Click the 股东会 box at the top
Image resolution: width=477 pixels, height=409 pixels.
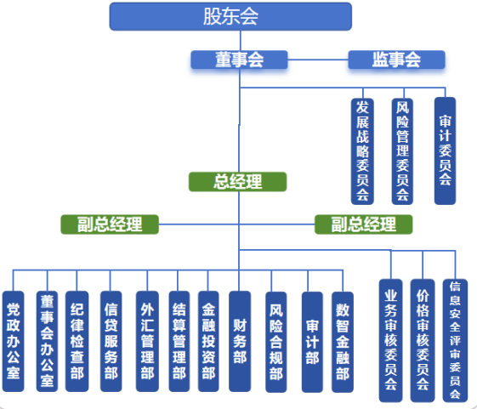[x=230, y=16]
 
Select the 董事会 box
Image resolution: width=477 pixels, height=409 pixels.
[x=239, y=60]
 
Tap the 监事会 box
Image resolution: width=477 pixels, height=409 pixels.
[x=397, y=60]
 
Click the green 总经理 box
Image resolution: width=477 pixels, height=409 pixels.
[x=237, y=182]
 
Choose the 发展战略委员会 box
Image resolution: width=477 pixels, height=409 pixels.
[x=362, y=151]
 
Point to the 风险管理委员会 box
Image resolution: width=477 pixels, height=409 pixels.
[x=402, y=151]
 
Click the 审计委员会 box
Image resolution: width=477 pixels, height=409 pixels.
[x=445, y=151]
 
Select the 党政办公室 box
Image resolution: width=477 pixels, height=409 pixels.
[x=13, y=341]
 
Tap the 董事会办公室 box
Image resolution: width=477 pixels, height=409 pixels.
[x=47, y=341]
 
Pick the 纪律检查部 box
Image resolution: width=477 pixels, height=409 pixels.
[x=77, y=341]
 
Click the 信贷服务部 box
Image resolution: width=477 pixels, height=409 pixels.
[x=111, y=341]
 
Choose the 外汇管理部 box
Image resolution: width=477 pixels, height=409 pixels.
[x=147, y=341]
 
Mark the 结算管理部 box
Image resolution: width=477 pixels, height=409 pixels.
[x=179, y=341]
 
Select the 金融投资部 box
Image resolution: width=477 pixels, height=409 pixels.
[x=208, y=341]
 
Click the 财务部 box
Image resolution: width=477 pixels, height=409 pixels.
[x=240, y=341]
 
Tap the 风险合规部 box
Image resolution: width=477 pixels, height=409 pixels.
[x=276, y=342]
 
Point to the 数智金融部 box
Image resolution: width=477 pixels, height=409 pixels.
[x=343, y=342]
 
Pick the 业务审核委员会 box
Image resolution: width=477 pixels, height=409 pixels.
[x=390, y=340]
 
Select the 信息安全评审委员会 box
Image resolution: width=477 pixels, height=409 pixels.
[x=455, y=340]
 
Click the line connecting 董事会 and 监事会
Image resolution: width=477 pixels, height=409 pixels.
[x=318, y=60]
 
